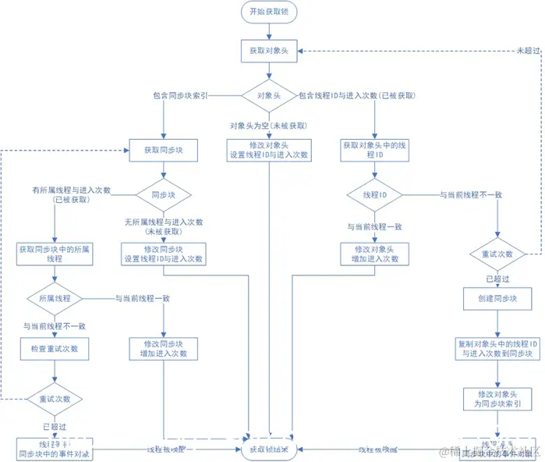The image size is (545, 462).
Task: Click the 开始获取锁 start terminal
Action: pyautogui.click(x=269, y=12)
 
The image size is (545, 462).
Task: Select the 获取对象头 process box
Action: pyautogui.click(x=269, y=48)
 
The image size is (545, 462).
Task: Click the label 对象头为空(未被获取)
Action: pyautogui.click(x=268, y=126)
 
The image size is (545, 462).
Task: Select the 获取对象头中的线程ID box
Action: pyautogui.click(x=374, y=150)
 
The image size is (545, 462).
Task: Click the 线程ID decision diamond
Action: pyautogui.click(x=375, y=194)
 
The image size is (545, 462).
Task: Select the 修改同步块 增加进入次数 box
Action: pyautogui.click(x=163, y=349)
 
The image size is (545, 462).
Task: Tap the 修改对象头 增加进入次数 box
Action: pyautogui.click(x=374, y=254)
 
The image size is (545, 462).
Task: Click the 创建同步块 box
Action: pyautogui.click(x=497, y=299)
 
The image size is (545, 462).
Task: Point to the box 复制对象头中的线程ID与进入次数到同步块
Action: pyautogui.click(x=497, y=348)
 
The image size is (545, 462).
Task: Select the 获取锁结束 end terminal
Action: pyautogui.click(x=269, y=450)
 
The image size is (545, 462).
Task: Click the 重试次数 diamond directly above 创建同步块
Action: pyautogui.click(x=497, y=254)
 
